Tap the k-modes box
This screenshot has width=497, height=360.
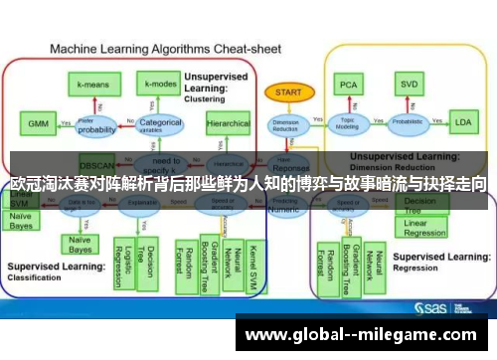click(157, 86)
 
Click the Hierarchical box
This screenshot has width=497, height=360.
click(228, 125)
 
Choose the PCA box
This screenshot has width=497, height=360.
click(348, 85)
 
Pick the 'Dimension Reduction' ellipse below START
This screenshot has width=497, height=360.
click(285, 125)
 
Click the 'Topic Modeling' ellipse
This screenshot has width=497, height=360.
click(348, 125)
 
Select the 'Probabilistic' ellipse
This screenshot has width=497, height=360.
click(407, 125)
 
